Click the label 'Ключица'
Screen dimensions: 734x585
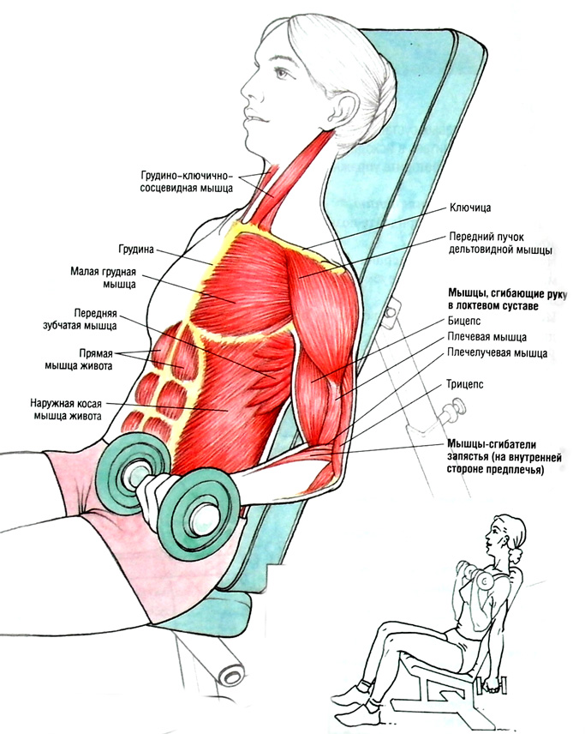(469, 208)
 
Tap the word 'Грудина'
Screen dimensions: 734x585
(136, 250)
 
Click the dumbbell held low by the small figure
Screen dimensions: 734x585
(495, 686)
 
